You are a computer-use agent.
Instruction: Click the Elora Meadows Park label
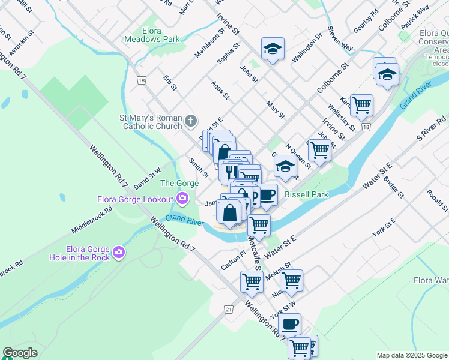152,35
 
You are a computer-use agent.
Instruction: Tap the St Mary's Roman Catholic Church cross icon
191,122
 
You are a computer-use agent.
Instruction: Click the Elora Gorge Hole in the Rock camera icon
119,253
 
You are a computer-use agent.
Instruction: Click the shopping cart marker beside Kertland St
361,106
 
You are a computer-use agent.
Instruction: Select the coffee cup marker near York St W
289,324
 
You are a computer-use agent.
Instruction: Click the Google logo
20,353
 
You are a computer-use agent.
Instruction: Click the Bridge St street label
393,187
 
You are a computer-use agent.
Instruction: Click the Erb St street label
170,83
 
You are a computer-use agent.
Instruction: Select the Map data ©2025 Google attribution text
411,355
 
